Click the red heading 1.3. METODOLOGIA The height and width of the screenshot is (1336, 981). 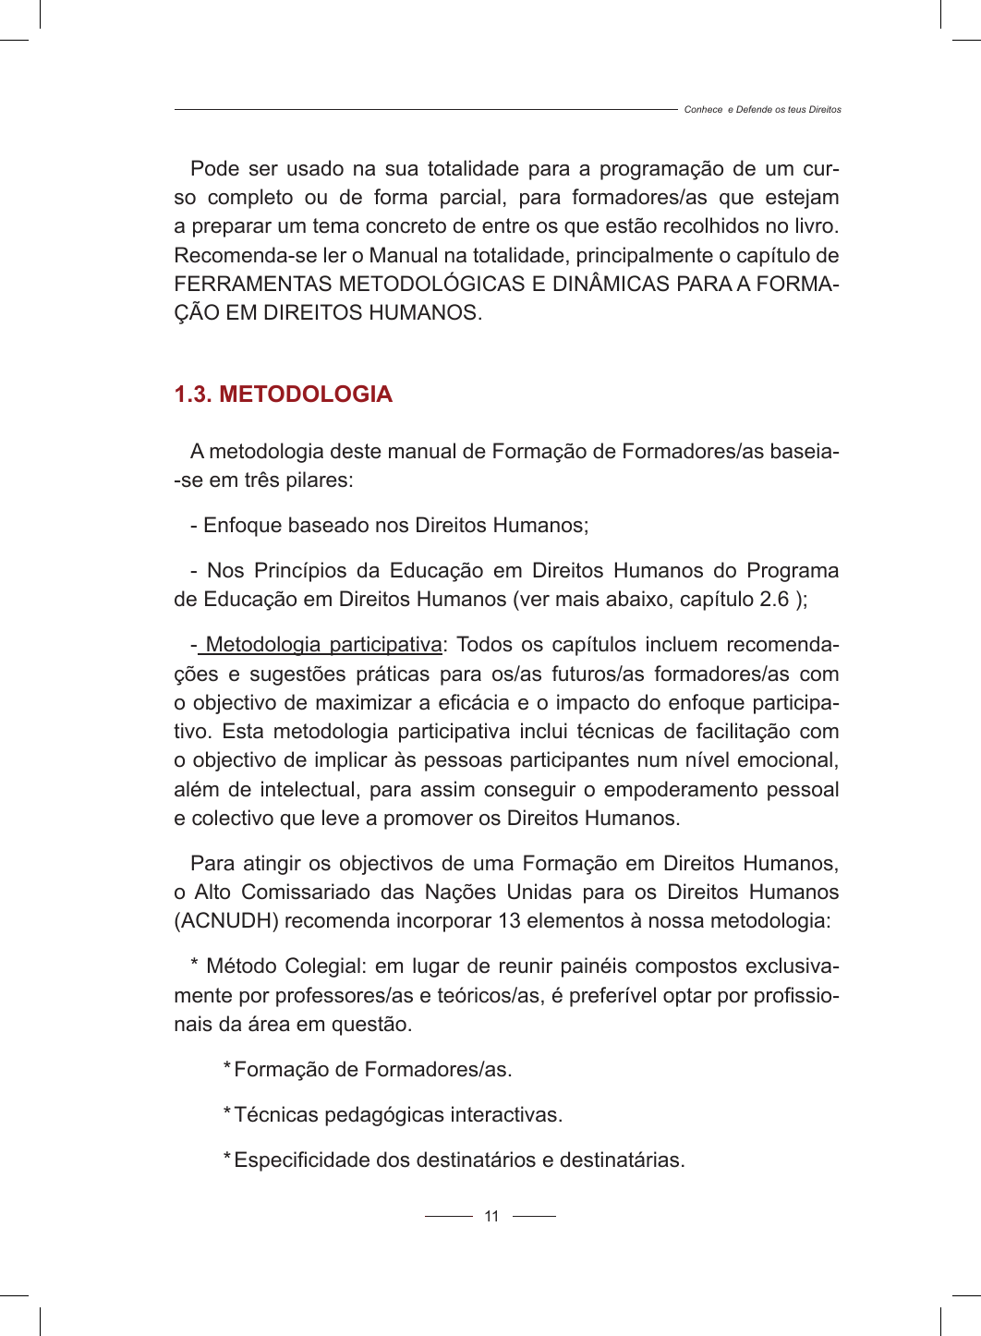point(283,395)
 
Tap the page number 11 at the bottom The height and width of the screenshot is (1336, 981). point(491,1217)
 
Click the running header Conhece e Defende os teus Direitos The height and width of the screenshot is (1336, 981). point(762,110)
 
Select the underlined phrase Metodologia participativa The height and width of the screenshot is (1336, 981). point(323,645)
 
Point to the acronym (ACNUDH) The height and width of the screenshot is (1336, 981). point(226,921)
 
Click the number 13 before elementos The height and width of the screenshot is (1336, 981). point(509,921)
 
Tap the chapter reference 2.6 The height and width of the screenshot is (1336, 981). point(773,600)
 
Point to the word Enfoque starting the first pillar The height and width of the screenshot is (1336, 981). point(242,526)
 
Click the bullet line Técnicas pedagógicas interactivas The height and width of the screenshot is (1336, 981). point(398,1115)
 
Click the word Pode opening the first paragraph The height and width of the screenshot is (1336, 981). point(214,169)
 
